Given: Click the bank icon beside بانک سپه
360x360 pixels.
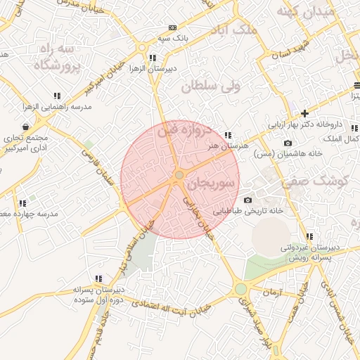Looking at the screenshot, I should click(x=172, y=27).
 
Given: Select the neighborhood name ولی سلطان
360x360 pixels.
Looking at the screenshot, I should click(x=210, y=86).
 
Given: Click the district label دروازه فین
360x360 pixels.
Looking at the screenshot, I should click(x=184, y=131).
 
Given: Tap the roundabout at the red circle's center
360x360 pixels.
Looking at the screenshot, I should click(x=180, y=174).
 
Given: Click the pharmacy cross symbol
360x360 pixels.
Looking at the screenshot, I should click(x=304, y=113).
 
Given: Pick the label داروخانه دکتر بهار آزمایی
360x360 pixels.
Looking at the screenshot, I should click(x=309, y=124).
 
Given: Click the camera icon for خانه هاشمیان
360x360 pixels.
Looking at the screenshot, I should click(x=287, y=143).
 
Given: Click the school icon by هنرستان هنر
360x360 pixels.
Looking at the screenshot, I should click(x=227, y=135).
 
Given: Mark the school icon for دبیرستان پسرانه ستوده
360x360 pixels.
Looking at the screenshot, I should click(x=98, y=278).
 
